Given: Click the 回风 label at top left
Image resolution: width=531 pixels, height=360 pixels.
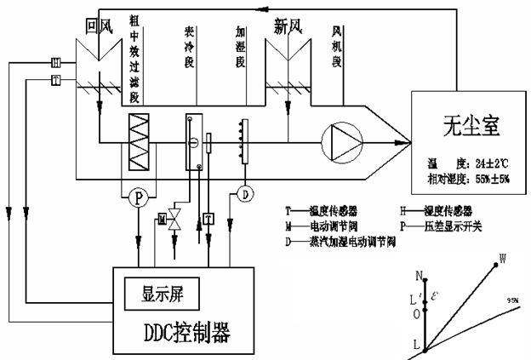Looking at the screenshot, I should pyautogui.click(x=100, y=28).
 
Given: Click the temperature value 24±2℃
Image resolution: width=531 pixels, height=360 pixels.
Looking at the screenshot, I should pyautogui.click(x=491, y=158).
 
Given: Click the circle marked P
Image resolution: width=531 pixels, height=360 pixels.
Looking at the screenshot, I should pyautogui.click(x=137, y=197).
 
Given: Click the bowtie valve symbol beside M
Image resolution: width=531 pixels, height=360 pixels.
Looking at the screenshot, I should pyautogui.click(x=175, y=219).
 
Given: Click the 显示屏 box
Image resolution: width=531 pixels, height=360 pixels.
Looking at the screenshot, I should pyautogui.click(x=166, y=294).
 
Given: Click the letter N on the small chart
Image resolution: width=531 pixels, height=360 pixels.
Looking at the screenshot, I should pyautogui.click(x=419, y=276).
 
